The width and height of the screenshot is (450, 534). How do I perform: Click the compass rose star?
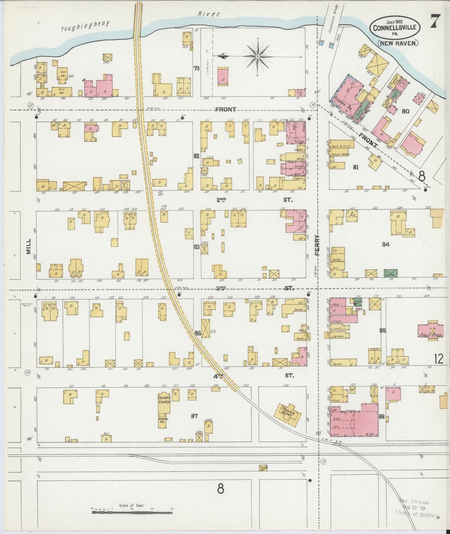pyautogui.click(x=258, y=56)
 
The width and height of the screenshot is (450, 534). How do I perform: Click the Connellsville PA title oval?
pyautogui.click(x=395, y=27)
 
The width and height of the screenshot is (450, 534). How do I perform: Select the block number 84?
pyautogui.click(x=386, y=245)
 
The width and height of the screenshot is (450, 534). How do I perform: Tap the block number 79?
pyautogui.click(x=196, y=68)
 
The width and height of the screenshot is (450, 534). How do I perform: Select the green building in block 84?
pyautogui.click(x=390, y=273)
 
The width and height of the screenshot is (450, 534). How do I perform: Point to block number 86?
pyautogui.click(x=197, y=333)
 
